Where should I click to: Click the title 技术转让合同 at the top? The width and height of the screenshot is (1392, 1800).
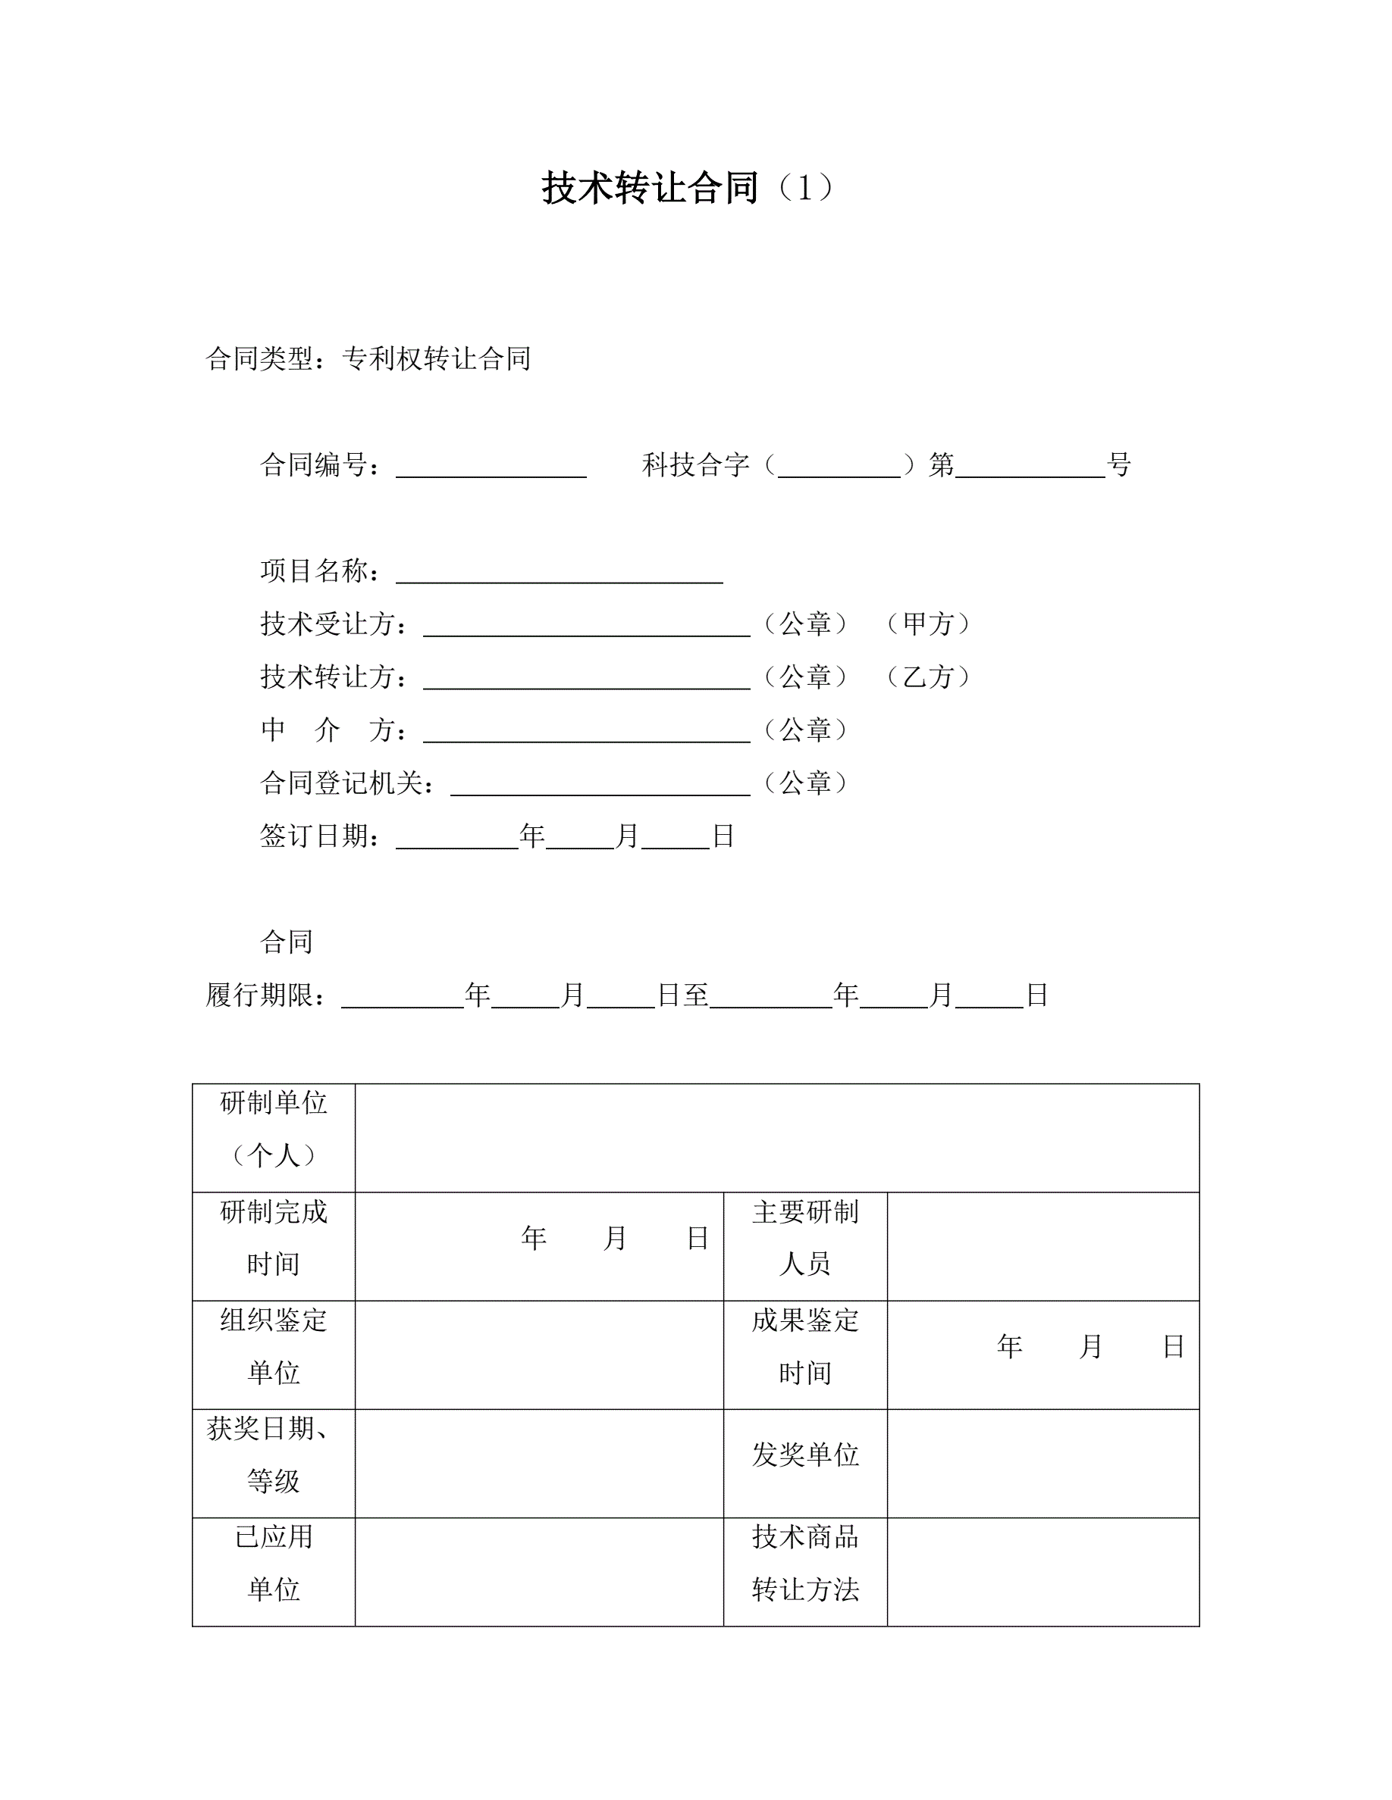click(x=650, y=188)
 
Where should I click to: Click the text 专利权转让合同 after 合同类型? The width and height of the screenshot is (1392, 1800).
click(x=436, y=358)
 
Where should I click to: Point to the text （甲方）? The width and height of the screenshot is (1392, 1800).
click(x=930, y=624)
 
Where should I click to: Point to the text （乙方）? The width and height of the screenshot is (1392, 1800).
click(x=930, y=677)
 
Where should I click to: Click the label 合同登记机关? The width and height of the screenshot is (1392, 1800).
click(x=346, y=783)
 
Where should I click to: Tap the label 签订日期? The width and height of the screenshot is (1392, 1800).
click(x=320, y=836)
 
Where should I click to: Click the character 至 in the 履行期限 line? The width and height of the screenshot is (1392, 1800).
click(x=695, y=995)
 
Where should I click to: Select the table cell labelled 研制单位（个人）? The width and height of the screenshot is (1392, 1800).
click(x=274, y=1137)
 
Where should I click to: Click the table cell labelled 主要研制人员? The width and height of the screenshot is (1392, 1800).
click(x=805, y=1246)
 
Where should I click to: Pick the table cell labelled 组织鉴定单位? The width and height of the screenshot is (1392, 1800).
click(x=274, y=1355)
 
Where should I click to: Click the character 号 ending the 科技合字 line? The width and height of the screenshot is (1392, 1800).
click(x=1119, y=465)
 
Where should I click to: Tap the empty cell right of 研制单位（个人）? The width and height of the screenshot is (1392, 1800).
click(x=777, y=1137)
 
